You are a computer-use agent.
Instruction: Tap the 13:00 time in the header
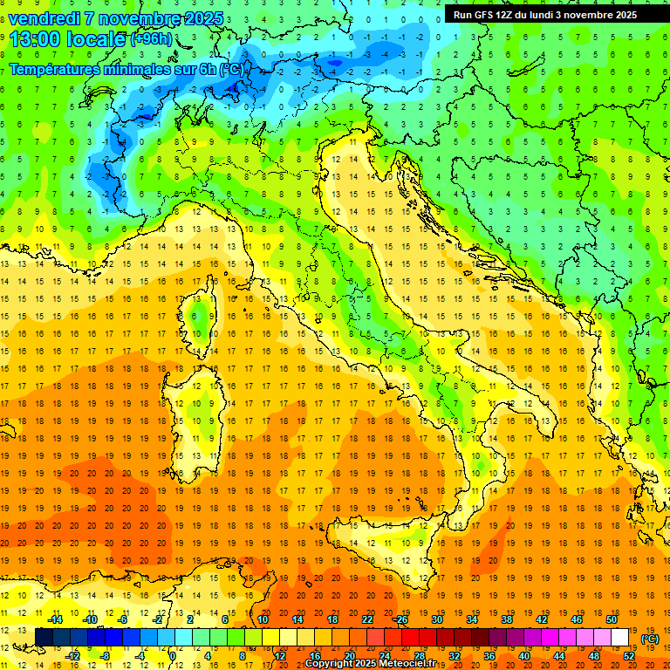[x=35, y=39]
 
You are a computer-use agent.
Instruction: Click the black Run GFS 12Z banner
[x=544, y=14]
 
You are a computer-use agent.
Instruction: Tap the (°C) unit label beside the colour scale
[x=649, y=639]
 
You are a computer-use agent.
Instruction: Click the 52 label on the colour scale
[x=629, y=655]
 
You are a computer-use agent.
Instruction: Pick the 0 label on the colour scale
[x=173, y=655]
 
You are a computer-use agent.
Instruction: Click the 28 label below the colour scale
[x=419, y=655]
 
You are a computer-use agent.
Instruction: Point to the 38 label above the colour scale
[x=506, y=619]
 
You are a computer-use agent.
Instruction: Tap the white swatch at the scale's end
[x=619, y=637]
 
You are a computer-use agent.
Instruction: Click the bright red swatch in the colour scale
[x=410, y=637]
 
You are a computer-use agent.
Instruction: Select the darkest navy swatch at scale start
[x=44, y=637]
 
